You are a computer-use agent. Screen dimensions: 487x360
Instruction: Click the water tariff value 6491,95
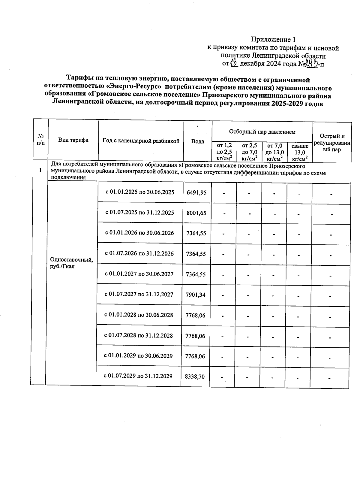point(196,192)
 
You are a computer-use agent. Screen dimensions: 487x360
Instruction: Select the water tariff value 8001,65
point(196,213)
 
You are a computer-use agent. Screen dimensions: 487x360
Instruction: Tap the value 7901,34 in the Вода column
point(196,295)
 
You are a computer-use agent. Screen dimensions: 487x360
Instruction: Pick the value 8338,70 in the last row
point(195,376)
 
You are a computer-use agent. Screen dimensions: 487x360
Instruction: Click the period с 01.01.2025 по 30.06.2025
point(140,192)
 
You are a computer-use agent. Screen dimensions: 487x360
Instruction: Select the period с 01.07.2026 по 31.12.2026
point(139,253)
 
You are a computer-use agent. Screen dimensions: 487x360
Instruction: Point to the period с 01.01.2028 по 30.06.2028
point(139,315)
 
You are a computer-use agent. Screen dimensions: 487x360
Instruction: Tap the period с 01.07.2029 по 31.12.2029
point(138,376)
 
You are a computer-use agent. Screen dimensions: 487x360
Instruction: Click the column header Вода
point(198,141)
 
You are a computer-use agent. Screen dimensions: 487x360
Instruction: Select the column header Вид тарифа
point(73,140)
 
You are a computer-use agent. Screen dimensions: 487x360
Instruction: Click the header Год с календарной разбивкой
point(141,141)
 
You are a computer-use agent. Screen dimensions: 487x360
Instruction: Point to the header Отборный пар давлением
point(262,132)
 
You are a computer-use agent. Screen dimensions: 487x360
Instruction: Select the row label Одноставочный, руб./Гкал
point(71,263)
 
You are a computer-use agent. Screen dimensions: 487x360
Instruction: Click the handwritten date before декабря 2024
point(234,64)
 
